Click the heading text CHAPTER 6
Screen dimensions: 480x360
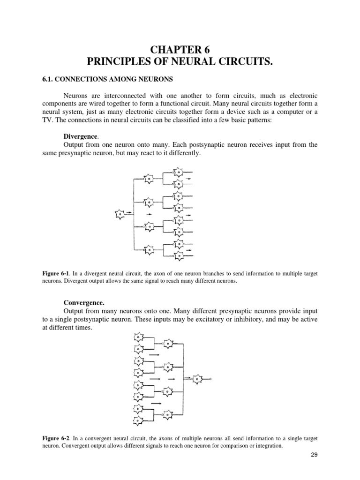[180, 49]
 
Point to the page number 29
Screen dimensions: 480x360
[313, 455]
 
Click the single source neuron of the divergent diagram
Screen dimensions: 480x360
[120, 214]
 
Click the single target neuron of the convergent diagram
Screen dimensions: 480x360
[198, 378]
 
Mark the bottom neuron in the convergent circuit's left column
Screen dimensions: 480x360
[138, 420]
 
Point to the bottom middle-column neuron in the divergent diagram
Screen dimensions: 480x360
[149, 250]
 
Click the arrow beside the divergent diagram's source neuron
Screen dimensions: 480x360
[129, 212]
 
